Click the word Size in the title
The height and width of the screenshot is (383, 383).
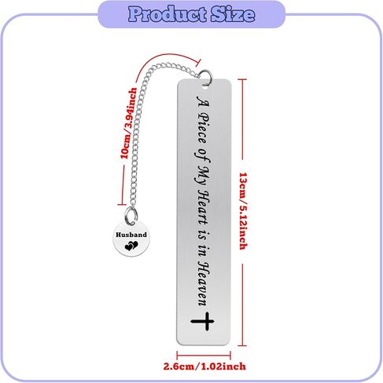point(233,14)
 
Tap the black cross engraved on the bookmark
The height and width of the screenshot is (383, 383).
point(203,321)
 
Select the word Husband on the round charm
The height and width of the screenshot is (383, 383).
point(131,235)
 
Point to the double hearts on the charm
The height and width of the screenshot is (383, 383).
point(131,246)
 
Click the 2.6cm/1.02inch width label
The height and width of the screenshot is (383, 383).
point(204,367)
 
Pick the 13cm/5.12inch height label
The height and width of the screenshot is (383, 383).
point(244,211)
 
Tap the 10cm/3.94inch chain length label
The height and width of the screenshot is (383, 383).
point(128,123)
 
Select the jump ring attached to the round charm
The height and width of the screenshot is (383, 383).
point(131,215)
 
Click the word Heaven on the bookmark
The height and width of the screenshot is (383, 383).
point(204,284)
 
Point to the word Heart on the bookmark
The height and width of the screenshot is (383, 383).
point(204,208)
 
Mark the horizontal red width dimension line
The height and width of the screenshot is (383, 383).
point(204,356)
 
